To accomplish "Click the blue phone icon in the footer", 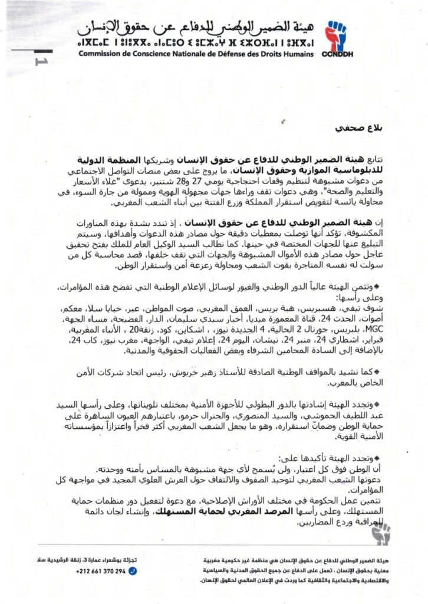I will [133, 571].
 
